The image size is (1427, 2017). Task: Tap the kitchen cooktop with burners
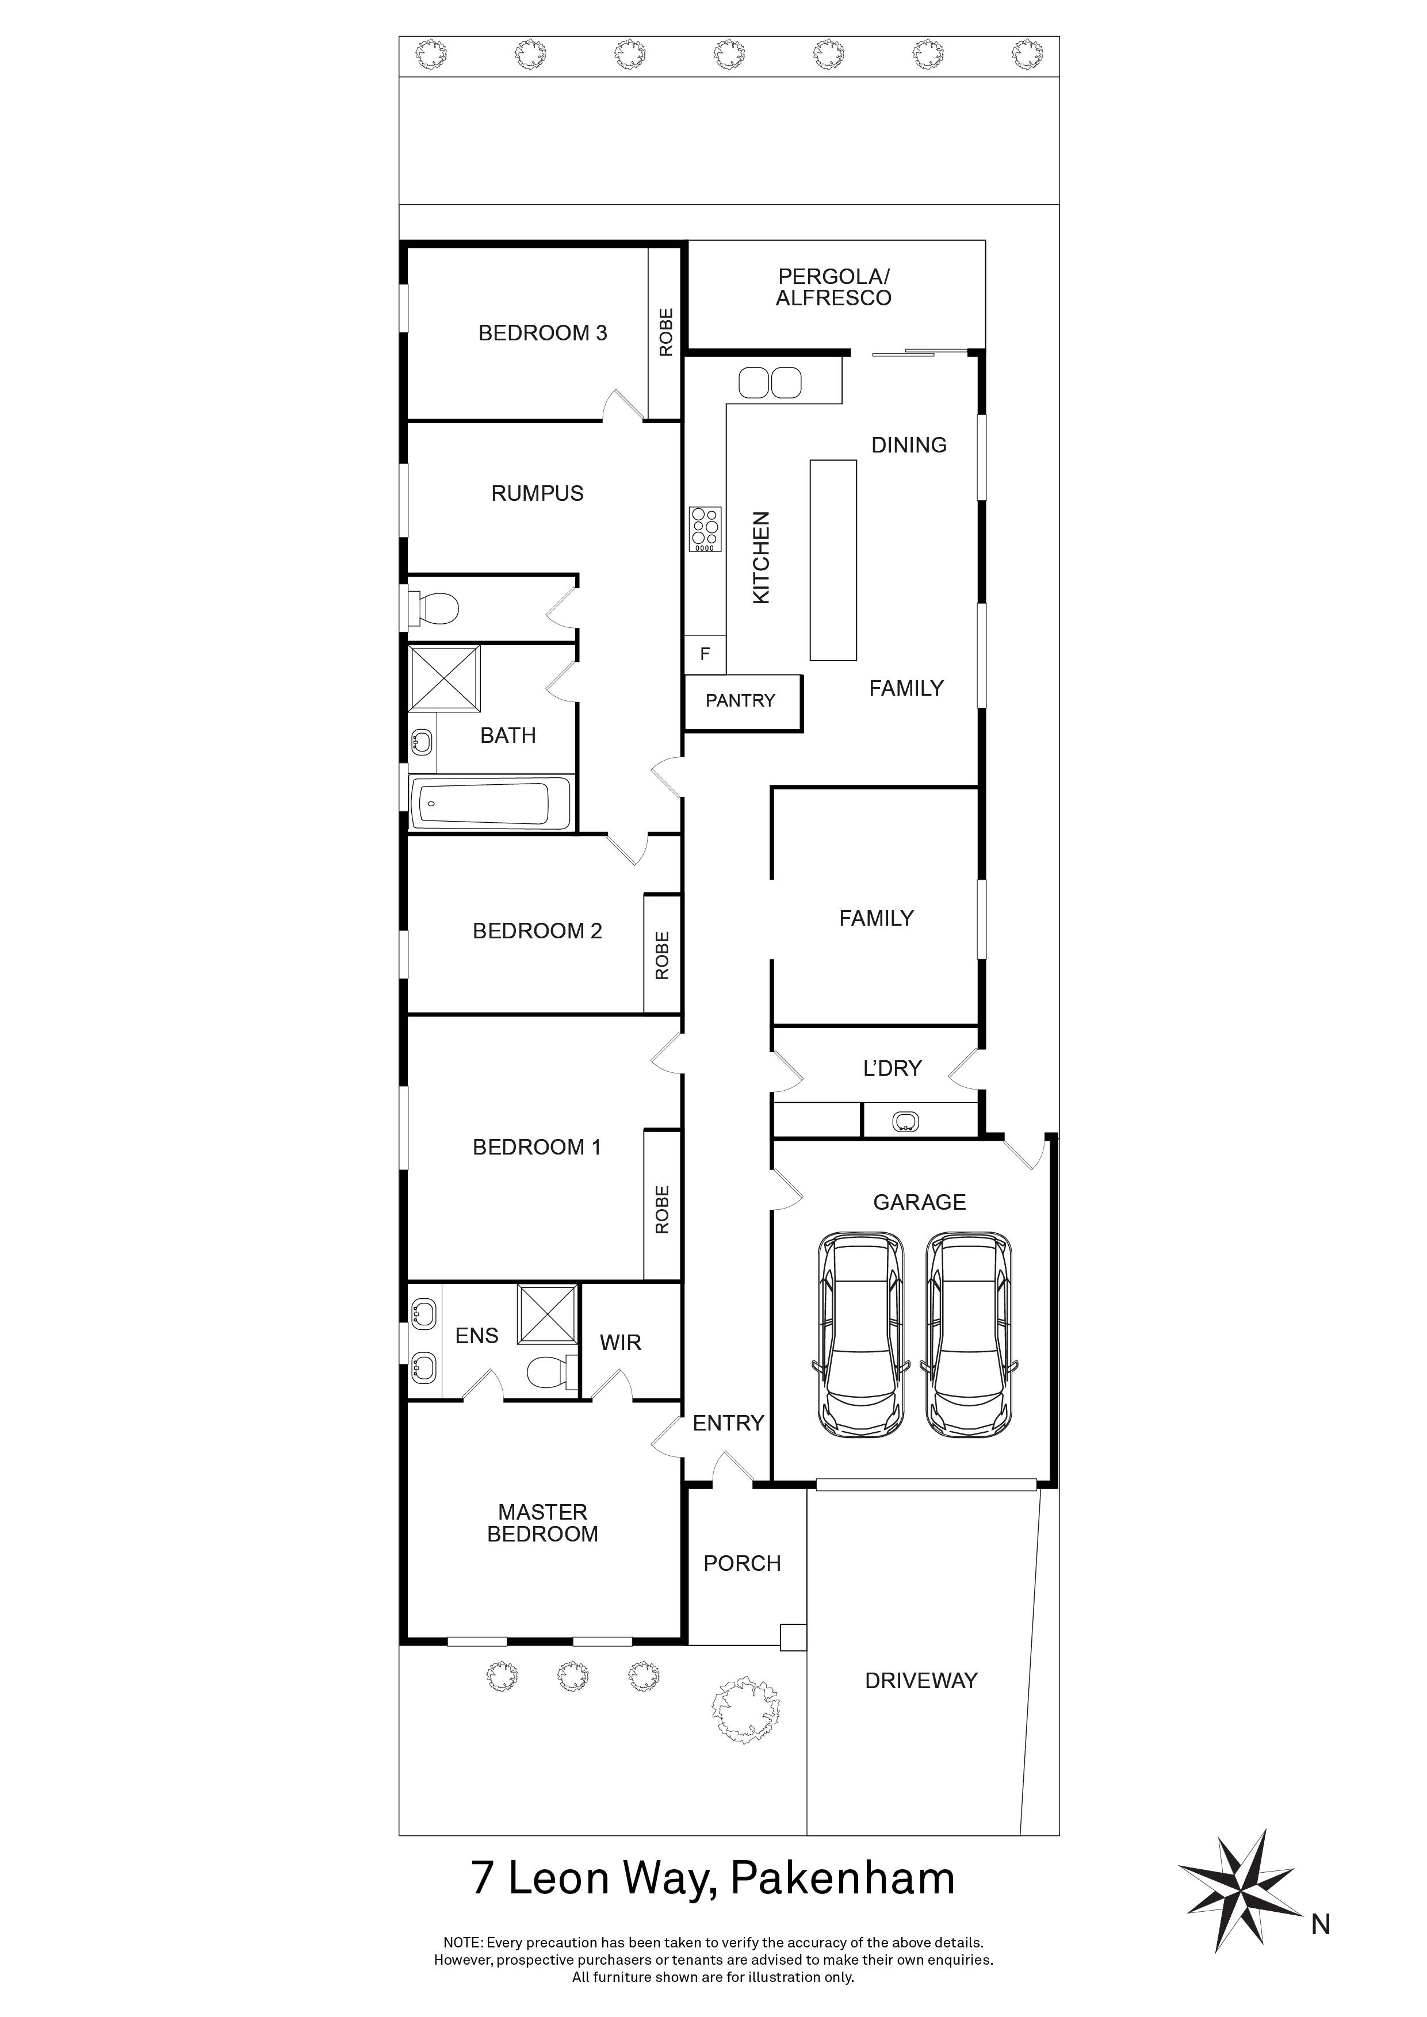(x=705, y=529)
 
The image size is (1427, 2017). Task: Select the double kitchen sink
(x=770, y=382)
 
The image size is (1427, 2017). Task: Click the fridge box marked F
(x=705, y=654)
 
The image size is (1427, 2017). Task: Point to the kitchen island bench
(x=832, y=559)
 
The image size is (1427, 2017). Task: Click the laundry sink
(x=905, y=1122)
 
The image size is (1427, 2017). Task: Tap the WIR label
(x=621, y=1343)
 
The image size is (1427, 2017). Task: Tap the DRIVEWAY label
(x=921, y=1681)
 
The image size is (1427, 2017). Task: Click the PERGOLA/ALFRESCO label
(x=833, y=287)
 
